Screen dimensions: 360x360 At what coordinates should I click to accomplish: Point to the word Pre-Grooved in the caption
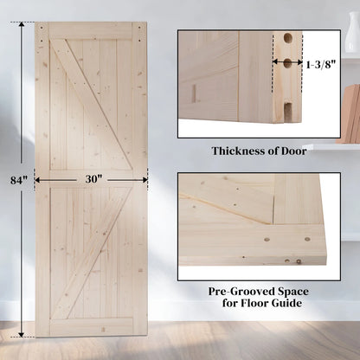point(235,292)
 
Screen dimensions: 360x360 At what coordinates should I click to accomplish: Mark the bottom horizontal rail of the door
point(91,326)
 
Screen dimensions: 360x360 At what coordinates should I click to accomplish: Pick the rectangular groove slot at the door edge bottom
point(285,108)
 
